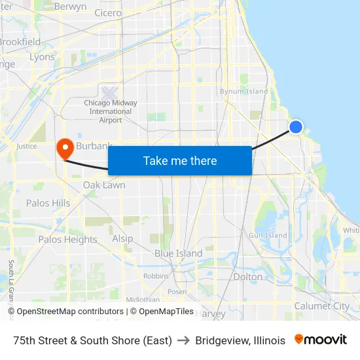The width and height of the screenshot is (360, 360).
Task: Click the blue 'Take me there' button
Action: pyautogui.click(x=180, y=160)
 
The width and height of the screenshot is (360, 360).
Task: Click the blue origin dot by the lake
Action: pyautogui.click(x=296, y=127)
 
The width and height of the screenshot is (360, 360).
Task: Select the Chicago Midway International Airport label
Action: pyautogui.click(x=111, y=111)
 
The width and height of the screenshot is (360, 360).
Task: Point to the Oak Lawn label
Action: pyautogui.click(x=104, y=185)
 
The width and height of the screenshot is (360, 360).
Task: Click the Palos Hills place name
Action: pyautogui.click(x=48, y=203)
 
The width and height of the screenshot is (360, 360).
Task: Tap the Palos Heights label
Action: pyautogui.click(x=67, y=240)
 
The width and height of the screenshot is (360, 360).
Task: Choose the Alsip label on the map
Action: pyautogui.click(x=122, y=238)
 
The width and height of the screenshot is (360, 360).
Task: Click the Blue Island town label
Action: pyautogui.click(x=178, y=253)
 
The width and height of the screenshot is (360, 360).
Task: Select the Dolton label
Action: pyautogui.click(x=247, y=277)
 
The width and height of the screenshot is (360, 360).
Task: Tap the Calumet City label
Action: pyautogui.click(x=321, y=306)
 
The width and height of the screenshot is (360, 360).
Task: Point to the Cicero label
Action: pyautogui.click(x=108, y=12)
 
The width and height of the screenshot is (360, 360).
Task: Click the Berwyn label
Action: pyautogui.click(x=70, y=7)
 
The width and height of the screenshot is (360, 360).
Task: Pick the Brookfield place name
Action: pyautogui.click(x=20, y=42)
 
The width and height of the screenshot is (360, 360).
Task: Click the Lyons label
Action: pyautogui.click(x=43, y=57)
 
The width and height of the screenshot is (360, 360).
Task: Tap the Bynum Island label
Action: pyautogui.click(x=243, y=92)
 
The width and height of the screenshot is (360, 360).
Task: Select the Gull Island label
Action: pyautogui.click(x=268, y=235)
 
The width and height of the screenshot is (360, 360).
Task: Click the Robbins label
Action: pyautogui.click(x=156, y=276)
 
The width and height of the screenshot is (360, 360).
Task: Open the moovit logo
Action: pyautogui.click(x=320, y=340)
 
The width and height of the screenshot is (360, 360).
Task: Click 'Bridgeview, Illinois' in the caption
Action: pyautogui.click(x=240, y=340)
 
